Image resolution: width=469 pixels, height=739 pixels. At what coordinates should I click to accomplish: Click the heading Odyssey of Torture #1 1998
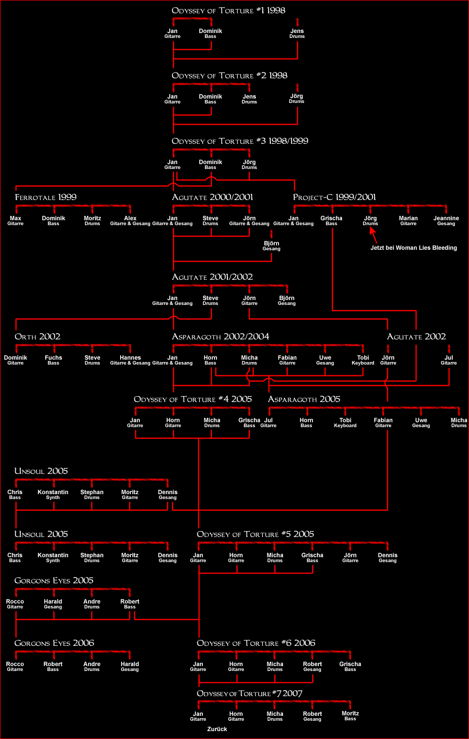click(228, 10)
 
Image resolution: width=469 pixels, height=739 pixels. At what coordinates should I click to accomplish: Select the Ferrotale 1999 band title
click(45, 197)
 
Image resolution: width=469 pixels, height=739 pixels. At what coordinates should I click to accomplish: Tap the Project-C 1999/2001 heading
click(334, 197)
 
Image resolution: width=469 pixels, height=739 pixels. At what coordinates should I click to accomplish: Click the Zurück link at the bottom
click(217, 729)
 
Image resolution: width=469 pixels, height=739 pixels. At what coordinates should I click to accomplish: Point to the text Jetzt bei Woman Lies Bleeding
click(413, 248)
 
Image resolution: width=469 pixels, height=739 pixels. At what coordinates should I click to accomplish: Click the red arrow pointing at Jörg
click(373, 235)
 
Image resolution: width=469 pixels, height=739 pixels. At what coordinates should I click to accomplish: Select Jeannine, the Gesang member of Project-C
click(446, 221)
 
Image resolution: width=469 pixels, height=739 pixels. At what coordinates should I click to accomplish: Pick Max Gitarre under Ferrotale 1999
click(15, 221)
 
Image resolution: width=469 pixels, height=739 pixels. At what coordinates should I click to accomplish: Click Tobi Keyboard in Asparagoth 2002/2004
click(363, 360)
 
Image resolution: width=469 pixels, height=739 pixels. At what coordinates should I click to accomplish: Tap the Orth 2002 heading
click(37, 336)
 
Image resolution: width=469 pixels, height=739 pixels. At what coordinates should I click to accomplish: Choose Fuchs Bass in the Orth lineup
click(53, 360)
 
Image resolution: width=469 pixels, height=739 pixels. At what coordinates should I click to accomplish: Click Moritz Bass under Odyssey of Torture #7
click(350, 715)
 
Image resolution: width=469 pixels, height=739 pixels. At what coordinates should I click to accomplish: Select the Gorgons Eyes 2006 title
click(54, 643)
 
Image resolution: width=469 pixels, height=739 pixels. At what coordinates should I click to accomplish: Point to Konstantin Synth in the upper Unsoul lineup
click(53, 495)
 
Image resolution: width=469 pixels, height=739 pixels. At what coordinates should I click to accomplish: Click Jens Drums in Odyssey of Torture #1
click(297, 34)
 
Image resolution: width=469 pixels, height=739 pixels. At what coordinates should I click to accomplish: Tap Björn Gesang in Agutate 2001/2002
click(287, 301)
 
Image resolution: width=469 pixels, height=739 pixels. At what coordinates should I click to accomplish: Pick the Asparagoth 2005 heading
click(304, 399)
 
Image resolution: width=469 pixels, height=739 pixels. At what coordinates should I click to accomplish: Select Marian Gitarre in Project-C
click(408, 221)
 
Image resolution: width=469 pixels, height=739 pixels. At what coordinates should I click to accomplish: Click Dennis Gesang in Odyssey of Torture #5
click(388, 558)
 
